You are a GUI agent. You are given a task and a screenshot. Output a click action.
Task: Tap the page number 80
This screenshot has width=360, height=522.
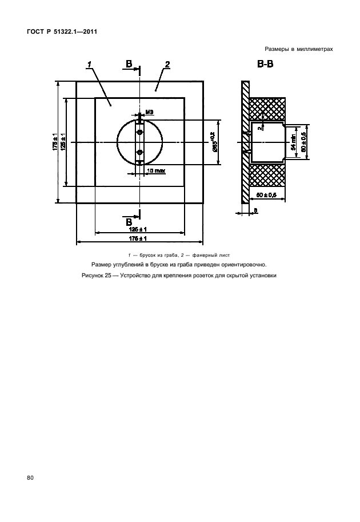point(30,477)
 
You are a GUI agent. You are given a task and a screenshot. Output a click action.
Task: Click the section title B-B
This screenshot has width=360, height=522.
point(265,65)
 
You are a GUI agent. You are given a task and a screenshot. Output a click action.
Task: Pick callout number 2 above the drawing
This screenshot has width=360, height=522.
point(167,65)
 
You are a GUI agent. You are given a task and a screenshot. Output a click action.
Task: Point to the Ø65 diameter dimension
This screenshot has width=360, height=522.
point(213,142)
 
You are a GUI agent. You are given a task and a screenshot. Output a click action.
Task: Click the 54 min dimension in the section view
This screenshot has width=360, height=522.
point(293,142)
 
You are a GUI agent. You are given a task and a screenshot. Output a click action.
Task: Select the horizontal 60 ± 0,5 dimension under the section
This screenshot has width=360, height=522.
point(267,196)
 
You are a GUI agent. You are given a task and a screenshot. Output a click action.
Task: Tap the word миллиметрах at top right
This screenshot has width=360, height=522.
point(313,50)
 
